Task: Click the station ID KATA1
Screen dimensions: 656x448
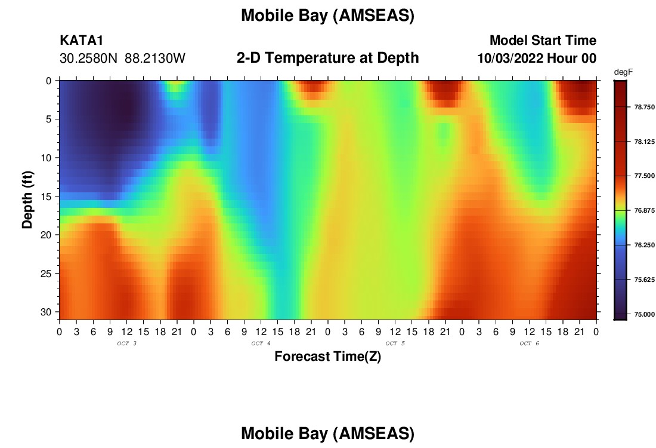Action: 82,41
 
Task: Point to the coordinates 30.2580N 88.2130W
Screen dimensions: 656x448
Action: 122,59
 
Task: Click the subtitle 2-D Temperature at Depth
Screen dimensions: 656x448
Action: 327,58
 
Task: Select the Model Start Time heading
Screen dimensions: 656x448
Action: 543,40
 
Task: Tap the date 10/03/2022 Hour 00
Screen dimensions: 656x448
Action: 537,59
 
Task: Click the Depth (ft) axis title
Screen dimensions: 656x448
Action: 27,200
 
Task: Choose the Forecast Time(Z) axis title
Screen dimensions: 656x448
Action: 327,356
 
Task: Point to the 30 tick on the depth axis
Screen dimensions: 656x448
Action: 46,312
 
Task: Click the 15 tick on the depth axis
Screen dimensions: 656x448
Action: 46,197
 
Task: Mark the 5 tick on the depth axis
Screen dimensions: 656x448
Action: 48,119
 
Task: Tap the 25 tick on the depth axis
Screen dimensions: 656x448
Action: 46,274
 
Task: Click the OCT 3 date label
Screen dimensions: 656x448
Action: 127,343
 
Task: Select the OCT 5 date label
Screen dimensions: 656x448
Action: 395,343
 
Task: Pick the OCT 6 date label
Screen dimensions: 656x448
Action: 530,343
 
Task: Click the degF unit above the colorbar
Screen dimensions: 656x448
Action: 623,72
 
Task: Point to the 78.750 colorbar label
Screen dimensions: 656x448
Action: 645,108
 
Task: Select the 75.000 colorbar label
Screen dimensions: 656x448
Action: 645,314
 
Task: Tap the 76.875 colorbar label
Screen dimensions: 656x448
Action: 645,210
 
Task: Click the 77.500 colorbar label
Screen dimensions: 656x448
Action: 645,176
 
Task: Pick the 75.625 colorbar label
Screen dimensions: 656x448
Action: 645,280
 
